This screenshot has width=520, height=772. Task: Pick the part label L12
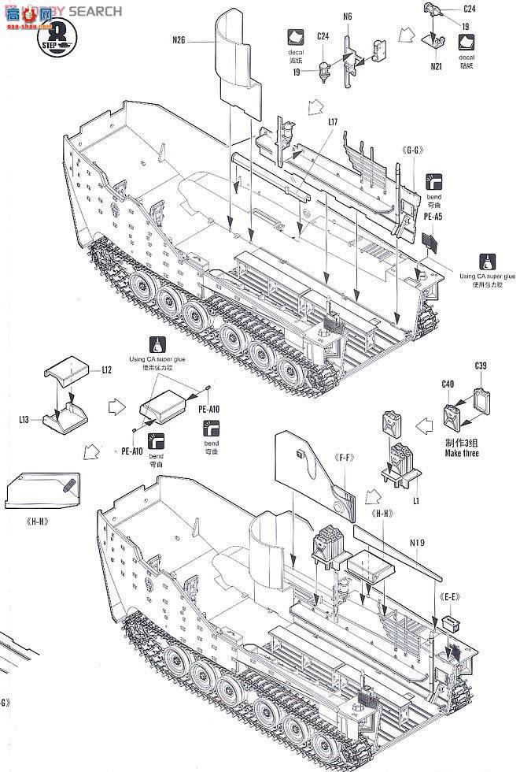coord(108,368)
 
